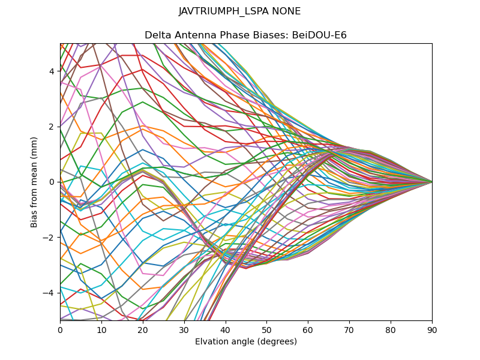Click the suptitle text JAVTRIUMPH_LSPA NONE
click(x=240, y=11)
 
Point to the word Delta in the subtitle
click(x=157, y=35)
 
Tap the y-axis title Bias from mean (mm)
click(x=35, y=182)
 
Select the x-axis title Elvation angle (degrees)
click(x=246, y=342)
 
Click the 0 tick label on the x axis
click(x=60, y=329)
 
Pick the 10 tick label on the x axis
click(x=101, y=329)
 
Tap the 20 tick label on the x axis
click(x=143, y=329)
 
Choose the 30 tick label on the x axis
click(x=184, y=329)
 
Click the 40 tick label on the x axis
click(x=226, y=329)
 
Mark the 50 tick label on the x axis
click(x=266, y=329)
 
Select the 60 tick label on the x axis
click(x=308, y=329)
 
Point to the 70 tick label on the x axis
click(x=349, y=329)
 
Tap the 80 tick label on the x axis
click(x=391, y=329)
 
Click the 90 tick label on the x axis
click(x=432, y=329)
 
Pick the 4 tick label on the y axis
click(x=52, y=71)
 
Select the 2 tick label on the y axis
click(x=52, y=127)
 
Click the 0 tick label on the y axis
click(x=52, y=182)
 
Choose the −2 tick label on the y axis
click(x=50, y=237)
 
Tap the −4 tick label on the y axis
click(x=50, y=293)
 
